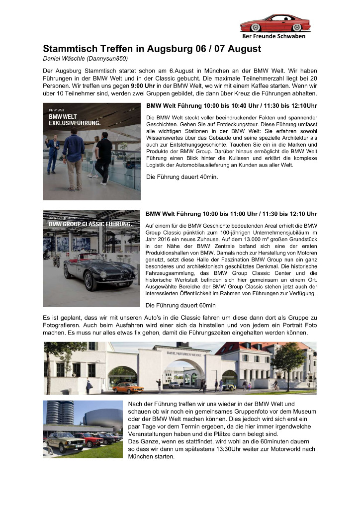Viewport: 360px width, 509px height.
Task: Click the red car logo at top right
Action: click(x=275, y=23)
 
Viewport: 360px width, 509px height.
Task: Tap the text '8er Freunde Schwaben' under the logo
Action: click(x=273, y=36)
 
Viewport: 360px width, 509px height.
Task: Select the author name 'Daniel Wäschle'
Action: click(x=64, y=59)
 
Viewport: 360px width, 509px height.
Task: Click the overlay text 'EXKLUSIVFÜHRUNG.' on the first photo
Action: click(x=75, y=123)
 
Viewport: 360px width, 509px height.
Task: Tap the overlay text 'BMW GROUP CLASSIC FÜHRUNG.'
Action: click(x=90, y=224)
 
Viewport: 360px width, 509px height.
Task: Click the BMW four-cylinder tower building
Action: click(x=54, y=412)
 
